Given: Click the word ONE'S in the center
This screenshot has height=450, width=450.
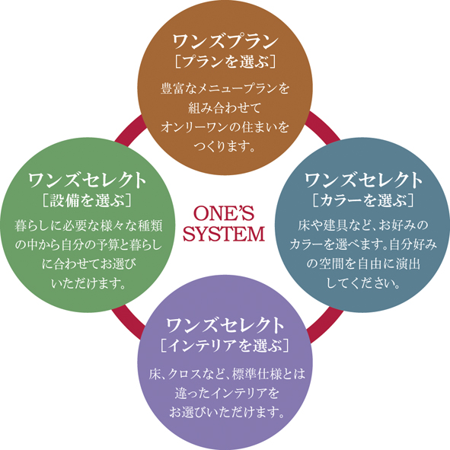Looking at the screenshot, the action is coord(224,213).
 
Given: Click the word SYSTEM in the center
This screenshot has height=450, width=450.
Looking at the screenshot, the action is coord(224,234).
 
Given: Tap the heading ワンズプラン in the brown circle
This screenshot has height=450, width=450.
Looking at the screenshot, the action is coord(225,41).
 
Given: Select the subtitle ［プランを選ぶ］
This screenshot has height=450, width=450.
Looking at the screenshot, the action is coord(225,61).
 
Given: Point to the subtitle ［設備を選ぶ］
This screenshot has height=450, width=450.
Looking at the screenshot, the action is coord(87,200).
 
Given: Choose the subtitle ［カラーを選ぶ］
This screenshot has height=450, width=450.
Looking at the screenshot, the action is coord(363,200).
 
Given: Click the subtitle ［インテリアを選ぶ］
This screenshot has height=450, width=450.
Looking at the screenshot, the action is coord(225,345).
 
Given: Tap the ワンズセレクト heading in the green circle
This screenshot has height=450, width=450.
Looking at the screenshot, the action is coord(87,180).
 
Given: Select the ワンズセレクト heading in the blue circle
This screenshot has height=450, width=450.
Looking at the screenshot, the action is coord(363,180).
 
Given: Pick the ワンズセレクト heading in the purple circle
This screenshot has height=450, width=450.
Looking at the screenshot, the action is coord(225,325).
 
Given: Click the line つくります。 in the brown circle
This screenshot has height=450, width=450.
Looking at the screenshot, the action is coord(225,146).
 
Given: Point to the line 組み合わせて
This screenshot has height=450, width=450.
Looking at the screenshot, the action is coord(225,108).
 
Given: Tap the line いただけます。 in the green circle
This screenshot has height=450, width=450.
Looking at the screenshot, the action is coord(89,283).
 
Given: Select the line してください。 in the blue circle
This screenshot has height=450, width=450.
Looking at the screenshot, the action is coord(364,283).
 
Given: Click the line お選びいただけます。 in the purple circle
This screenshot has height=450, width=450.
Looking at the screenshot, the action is coord(227,413).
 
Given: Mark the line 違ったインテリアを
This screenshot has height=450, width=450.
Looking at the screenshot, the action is coord(227,393).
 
